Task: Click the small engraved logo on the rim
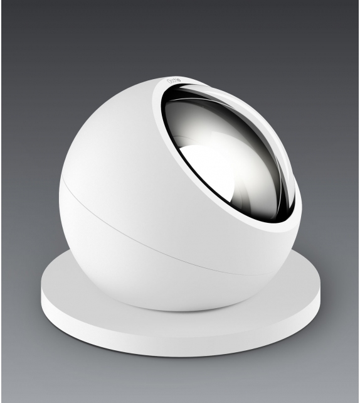click(174, 82)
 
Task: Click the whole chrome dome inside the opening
click(226, 157)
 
